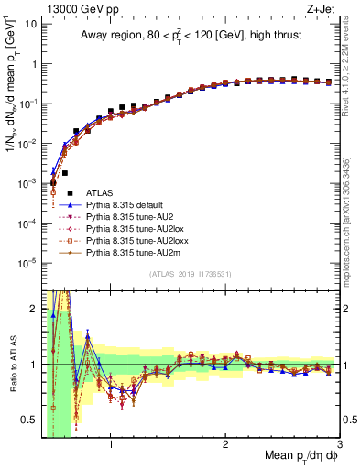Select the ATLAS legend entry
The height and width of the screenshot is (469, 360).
click(x=100, y=192)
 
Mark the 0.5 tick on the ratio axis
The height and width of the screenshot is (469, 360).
click(x=27, y=420)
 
